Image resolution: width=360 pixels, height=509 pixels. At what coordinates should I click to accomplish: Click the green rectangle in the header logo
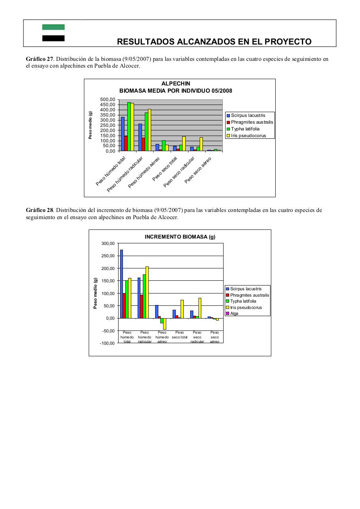coord(53,27)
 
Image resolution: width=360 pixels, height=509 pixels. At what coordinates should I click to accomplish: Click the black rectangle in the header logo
coord(53,38)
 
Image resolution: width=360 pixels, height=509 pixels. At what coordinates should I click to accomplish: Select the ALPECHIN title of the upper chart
coord(176,84)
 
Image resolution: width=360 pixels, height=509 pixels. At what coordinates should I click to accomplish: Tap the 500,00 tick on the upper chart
coord(107,99)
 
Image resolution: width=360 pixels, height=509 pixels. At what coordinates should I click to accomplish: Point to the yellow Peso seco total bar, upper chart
coord(184,144)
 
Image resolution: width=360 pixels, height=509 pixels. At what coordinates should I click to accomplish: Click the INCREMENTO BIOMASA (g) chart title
coord(180,237)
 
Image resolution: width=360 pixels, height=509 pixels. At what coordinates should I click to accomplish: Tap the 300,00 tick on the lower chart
coord(107,243)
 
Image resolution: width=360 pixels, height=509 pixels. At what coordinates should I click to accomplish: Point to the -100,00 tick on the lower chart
coord(106,343)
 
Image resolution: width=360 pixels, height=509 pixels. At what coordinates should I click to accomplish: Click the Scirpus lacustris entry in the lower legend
coord(245,289)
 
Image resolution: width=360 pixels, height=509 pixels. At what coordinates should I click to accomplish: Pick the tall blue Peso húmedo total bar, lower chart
coord(122,284)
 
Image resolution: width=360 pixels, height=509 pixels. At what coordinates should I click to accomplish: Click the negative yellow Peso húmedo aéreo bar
coord(165,324)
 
